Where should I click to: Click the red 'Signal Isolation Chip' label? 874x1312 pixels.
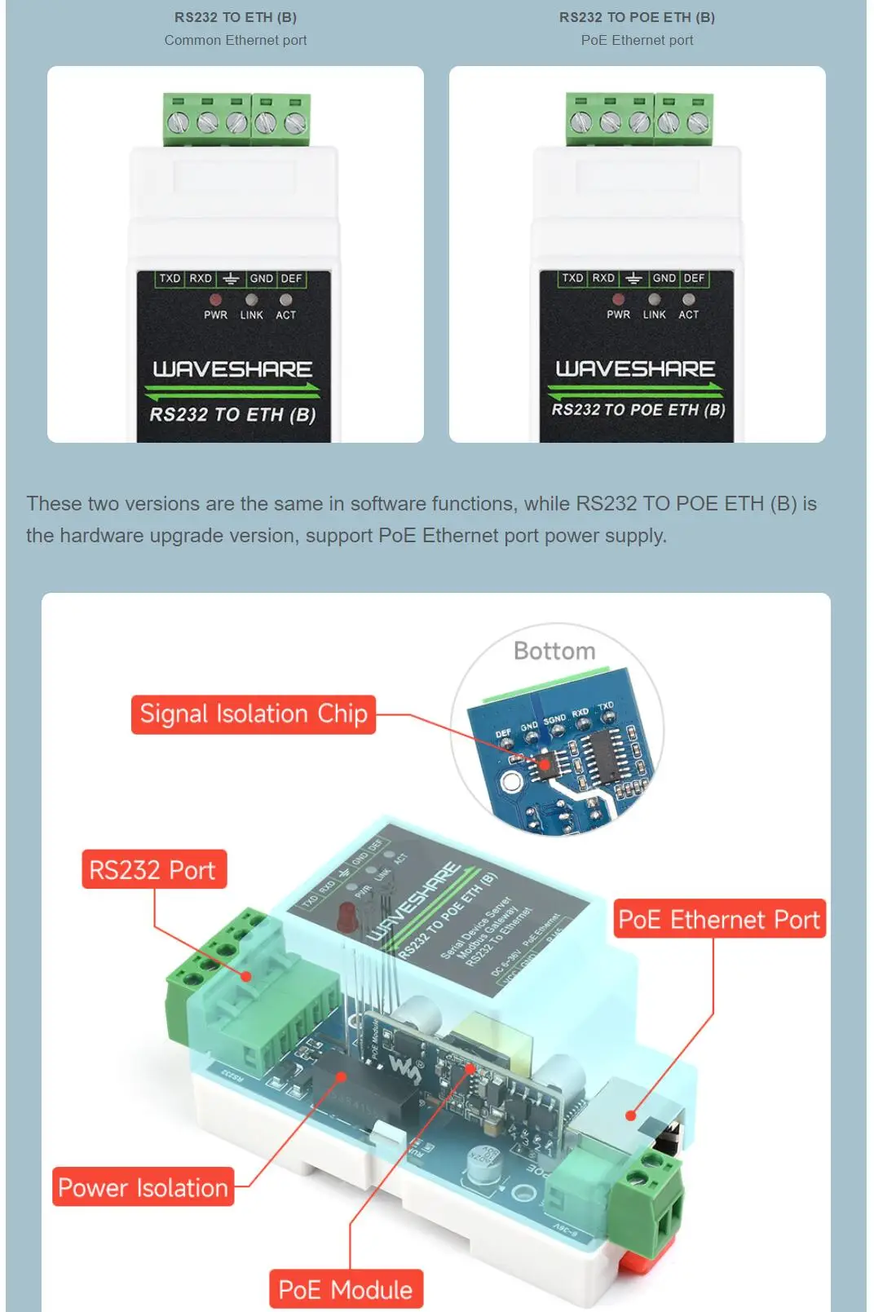(x=253, y=714)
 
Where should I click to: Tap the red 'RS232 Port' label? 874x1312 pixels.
(x=153, y=870)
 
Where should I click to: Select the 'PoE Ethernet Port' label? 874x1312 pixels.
(x=718, y=920)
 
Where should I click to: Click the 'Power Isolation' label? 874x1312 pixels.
(x=143, y=1187)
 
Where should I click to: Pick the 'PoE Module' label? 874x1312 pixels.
(x=346, y=1289)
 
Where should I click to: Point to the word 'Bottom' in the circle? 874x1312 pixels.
(x=554, y=651)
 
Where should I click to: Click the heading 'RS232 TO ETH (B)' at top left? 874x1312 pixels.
(x=236, y=17)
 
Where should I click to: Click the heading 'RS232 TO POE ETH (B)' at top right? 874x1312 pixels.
(x=637, y=17)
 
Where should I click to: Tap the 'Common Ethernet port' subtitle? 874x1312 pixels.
(x=236, y=40)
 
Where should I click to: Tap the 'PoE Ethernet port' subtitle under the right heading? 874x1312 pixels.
(x=637, y=40)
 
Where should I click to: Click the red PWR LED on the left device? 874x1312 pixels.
(x=215, y=300)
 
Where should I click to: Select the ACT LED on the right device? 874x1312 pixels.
(x=689, y=299)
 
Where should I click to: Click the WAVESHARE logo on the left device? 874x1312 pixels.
(x=232, y=369)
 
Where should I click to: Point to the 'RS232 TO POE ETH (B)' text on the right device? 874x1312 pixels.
(x=638, y=409)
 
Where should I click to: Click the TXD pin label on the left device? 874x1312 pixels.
(x=170, y=279)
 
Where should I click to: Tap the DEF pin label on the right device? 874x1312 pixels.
(x=695, y=278)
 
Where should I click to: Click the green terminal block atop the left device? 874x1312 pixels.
(x=236, y=119)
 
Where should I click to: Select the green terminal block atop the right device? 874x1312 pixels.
(x=639, y=119)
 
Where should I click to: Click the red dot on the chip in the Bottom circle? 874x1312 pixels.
(x=545, y=764)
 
